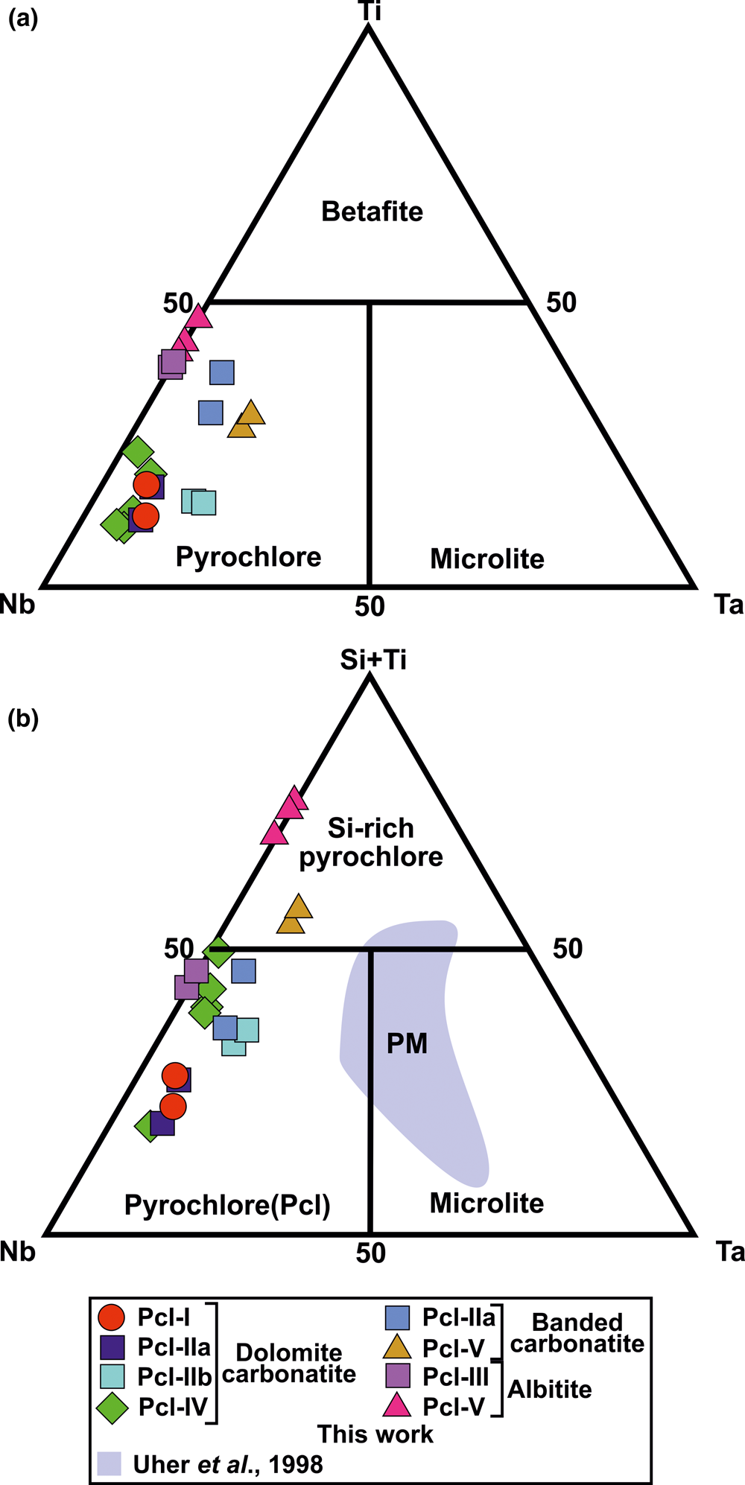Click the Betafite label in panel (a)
pyautogui.click(x=372, y=212)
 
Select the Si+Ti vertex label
pyautogui.click(x=373, y=659)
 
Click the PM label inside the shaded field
pyautogui.click(x=407, y=1043)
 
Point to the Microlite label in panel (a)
pyautogui.click(x=487, y=559)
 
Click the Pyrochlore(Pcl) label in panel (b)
pyautogui.click(x=227, y=1204)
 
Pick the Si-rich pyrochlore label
pyautogui.click(x=371, y=842)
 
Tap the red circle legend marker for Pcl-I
pyautogui.click(x=111, y=1317)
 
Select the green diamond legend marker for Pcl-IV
pyautogui.click(x=112, y=1408)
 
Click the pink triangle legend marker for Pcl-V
pyautogui.click(x=396, y=1406)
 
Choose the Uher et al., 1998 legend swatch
pyautogui.click(x=109, y=1463)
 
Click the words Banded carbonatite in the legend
pyautogui.click(x=577, y=1333)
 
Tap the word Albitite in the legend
pyautogui.click(x=550, y=1389)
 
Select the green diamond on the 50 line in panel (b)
pyautogui.click(x=218, y=951)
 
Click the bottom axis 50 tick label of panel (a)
pyautogui.click(x=370, y=606)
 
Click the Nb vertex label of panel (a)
pyautogui.click(x=18, y=604)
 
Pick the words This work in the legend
pyautogui.click(x=375, y=1434)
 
